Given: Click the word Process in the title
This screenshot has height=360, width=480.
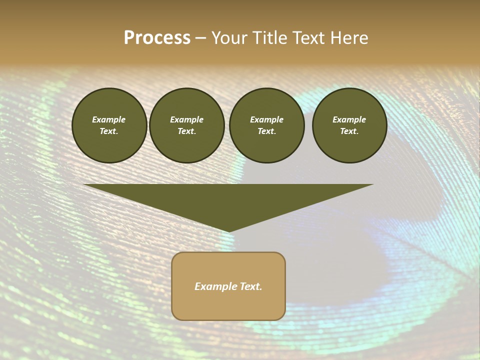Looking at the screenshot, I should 157,38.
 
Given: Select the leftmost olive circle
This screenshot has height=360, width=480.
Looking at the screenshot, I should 109,125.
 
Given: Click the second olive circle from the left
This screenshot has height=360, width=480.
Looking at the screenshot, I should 186,125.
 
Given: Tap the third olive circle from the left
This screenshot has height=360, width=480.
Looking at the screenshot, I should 266,125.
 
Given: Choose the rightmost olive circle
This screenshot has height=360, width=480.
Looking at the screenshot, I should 349,125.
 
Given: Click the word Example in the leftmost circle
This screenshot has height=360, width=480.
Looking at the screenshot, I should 109,119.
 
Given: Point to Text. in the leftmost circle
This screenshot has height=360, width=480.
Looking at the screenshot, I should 109,131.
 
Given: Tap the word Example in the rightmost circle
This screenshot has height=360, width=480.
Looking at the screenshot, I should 349,119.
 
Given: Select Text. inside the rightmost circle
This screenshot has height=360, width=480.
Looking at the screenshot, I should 349,131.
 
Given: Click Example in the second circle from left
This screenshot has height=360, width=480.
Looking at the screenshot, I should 186,119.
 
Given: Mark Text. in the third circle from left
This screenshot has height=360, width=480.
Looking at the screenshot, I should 266,131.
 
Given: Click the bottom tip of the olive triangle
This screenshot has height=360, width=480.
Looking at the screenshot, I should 228,231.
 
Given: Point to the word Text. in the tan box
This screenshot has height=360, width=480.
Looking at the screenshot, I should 250,286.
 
